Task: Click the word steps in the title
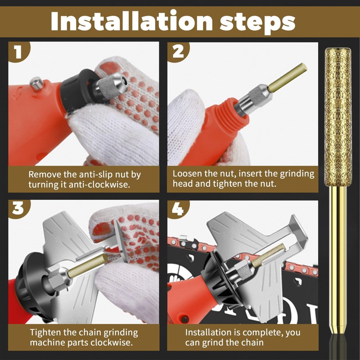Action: pos(257,23)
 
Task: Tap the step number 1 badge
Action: pos(18,51)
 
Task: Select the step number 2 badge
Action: pos(178,52)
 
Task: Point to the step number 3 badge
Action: pos(18,209)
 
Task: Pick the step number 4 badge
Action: pos(178,209)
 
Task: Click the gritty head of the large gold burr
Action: pos(338,117)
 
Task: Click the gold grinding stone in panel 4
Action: pos(269,254)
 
